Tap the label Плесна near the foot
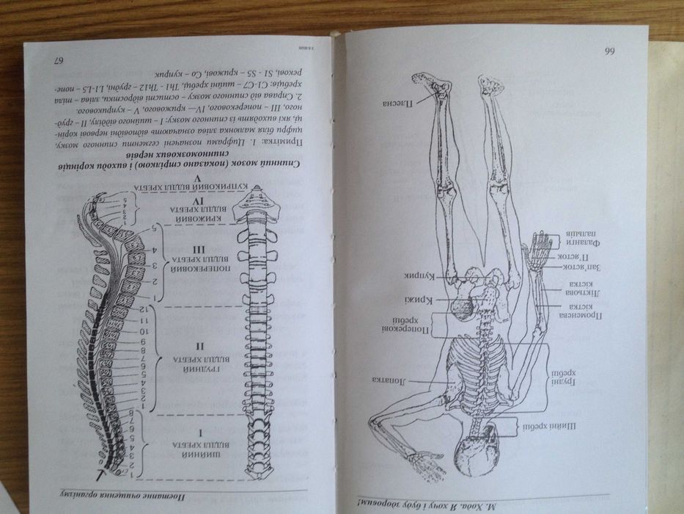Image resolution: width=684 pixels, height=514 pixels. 395,104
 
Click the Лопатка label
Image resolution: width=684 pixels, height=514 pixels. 389,380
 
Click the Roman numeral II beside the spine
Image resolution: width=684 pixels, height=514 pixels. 177,345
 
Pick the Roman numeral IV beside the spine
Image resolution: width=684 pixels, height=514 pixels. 176,200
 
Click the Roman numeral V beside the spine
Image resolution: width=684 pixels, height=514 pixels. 176,178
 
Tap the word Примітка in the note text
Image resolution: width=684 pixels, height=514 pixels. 304,139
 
